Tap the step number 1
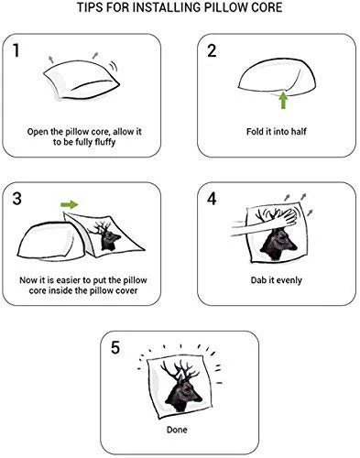[x=16, y=50]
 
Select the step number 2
[x=212, y=50]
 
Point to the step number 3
[x=16, y=199]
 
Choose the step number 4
[x=212, y=199]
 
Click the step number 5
[x=115, y=347]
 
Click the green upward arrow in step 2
[x=284, y=101]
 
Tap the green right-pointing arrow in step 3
[x=70, y=204]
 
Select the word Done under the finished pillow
[x=177, y=430]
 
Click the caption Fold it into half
[x=277, y=131]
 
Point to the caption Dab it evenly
[x=277, y=280]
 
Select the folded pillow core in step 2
[x=277, y=79]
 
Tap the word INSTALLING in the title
[x=162, y=7]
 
